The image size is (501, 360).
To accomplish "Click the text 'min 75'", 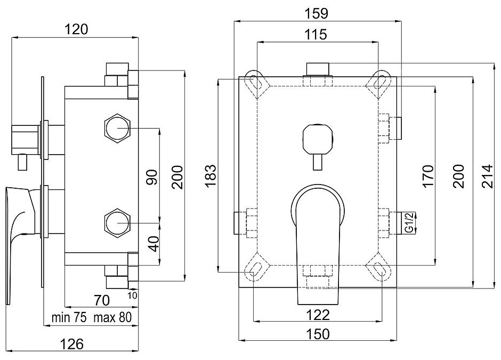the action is point(69,318).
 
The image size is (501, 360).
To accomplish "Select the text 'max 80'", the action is point(113,318).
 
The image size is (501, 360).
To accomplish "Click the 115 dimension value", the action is point(317,34).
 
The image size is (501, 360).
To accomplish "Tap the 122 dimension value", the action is point(317,315).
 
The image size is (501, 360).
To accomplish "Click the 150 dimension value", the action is point(317,334).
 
